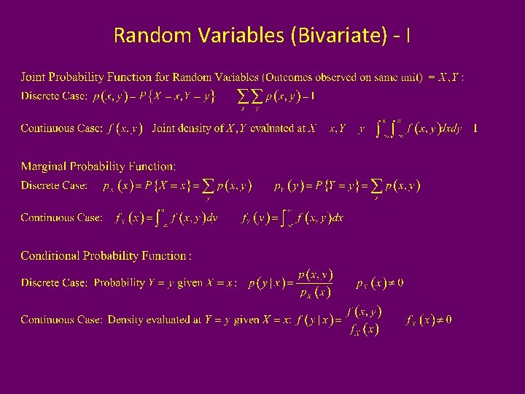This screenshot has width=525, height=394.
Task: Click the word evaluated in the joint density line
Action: (260, 128)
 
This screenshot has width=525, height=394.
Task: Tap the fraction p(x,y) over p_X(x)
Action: (316, 283)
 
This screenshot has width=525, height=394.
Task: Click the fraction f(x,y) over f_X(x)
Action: (362, 320)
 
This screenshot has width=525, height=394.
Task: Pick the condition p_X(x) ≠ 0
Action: (380, 282)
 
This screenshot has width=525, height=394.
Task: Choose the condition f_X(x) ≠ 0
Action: (428, 320)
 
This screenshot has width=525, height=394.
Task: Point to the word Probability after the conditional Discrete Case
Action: (120, 282)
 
